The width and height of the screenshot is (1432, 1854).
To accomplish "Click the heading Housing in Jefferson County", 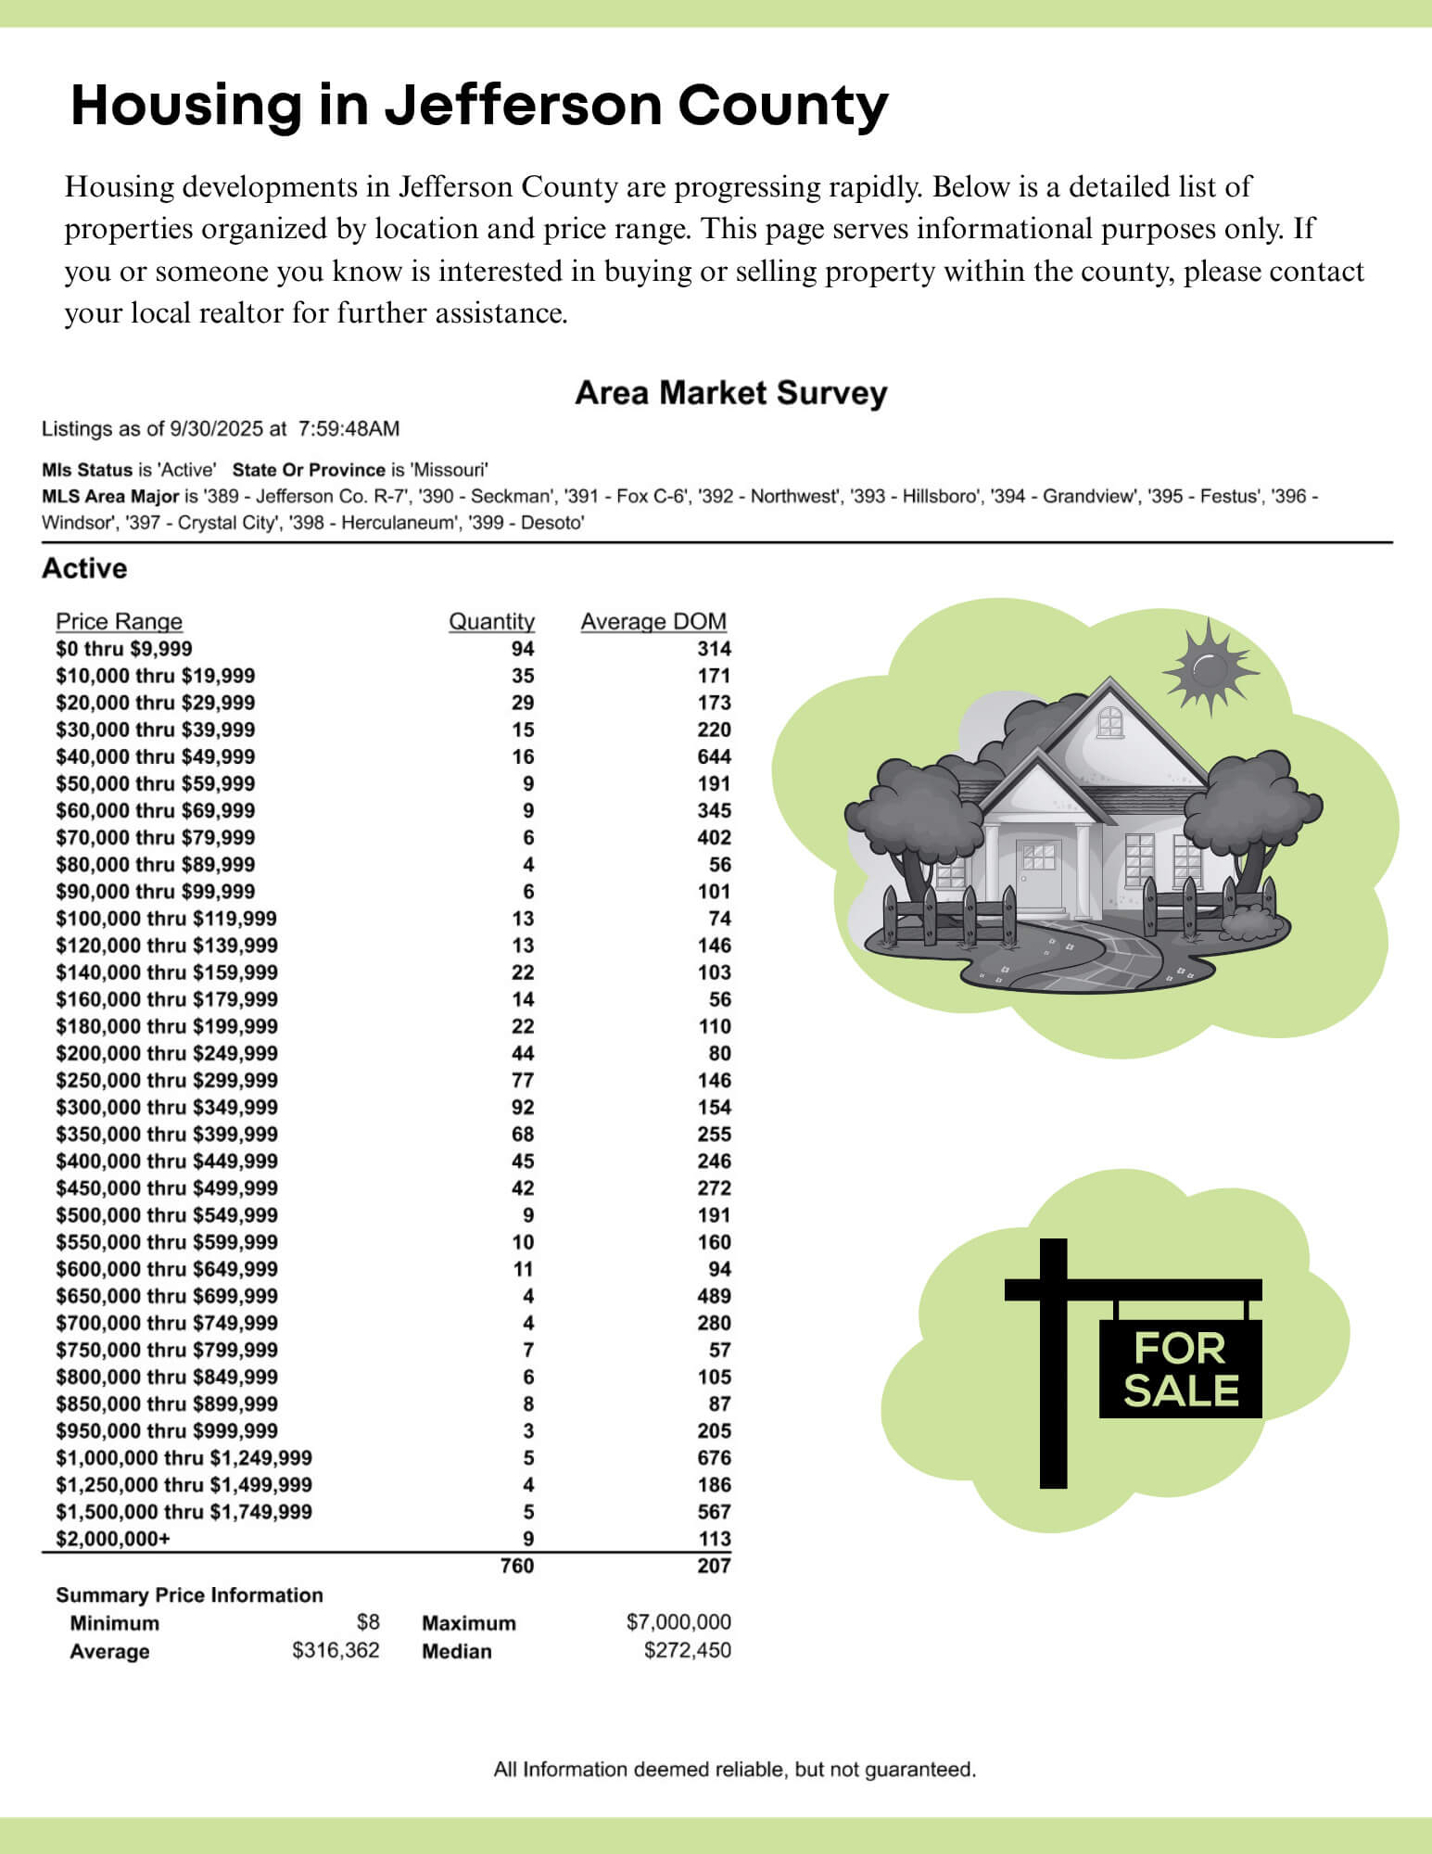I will click(479, 105).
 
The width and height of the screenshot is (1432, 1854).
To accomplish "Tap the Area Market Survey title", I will click(730, 393).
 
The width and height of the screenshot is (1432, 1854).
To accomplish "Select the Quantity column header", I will click(491, 621).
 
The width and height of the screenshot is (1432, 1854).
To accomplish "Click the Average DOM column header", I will click(653, 621).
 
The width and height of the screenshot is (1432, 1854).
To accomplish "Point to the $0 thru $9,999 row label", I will click(124, 649).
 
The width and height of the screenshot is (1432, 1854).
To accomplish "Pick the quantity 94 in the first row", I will click(523, 649).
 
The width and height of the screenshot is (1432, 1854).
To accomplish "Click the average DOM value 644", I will click(714, 756).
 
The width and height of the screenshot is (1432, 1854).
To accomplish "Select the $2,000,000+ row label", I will click(113, 1539).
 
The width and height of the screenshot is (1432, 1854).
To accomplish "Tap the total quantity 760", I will click(516, 1566).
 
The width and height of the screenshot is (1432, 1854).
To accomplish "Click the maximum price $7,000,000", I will click(678, 1622).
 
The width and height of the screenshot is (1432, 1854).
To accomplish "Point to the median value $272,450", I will click(687, 1650).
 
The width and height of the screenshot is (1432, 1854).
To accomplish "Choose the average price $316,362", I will click(336, 1650).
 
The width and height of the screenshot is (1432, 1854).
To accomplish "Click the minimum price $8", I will click(368, 1622).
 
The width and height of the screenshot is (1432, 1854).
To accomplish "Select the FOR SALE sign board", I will click(1180, 1368).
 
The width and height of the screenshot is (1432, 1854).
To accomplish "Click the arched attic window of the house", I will click(1109, 718).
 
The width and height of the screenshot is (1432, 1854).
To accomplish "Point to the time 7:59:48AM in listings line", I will click(348, 429).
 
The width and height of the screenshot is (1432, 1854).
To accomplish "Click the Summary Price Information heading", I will click(189, 1595).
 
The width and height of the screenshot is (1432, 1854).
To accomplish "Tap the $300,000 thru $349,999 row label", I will click(167, 1108).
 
